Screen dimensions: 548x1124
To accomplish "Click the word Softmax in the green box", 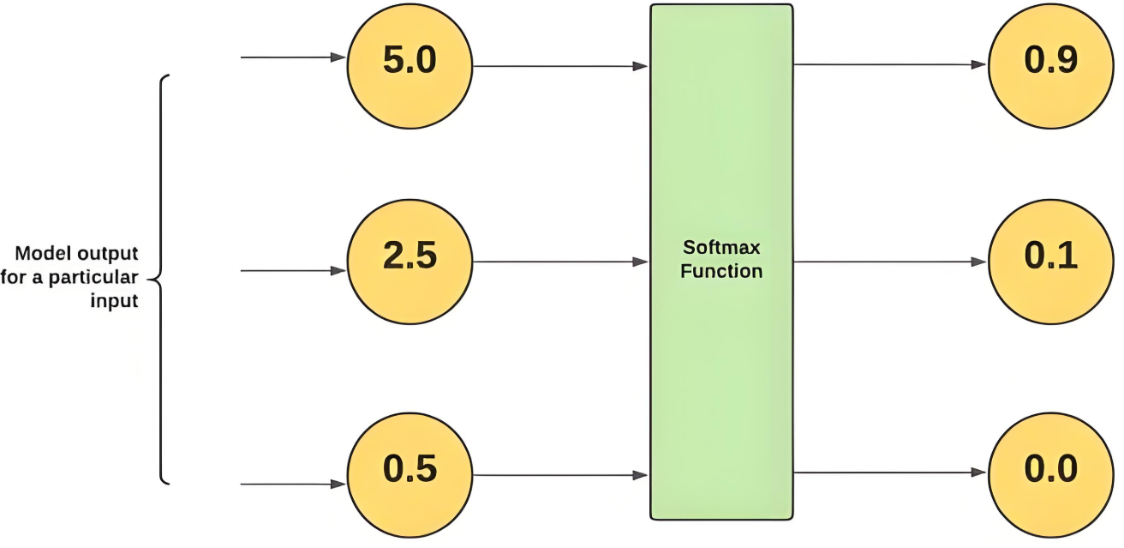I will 720,249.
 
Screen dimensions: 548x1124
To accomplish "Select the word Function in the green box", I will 720,272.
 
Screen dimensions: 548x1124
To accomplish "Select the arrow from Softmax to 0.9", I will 890,64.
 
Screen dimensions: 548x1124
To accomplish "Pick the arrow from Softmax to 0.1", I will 890,261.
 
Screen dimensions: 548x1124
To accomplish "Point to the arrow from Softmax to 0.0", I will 890,473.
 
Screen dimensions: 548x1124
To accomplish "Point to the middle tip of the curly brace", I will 149,278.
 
